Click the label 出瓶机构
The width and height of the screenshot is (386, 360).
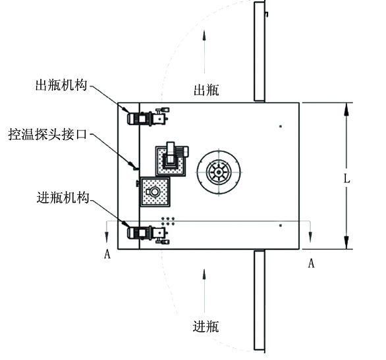(61, 85)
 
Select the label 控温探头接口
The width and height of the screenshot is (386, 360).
(48, 134)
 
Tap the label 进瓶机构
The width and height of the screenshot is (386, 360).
(63, 197)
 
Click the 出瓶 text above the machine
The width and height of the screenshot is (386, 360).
(206, 90)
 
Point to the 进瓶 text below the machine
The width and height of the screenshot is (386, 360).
(206, 327)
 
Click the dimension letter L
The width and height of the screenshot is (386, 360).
(346, 179)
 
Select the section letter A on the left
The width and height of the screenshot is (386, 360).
(107, 254)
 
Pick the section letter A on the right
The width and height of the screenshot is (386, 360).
(311, 263)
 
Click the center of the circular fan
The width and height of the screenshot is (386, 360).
(219, 172)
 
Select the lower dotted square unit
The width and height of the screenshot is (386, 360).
(155, 192)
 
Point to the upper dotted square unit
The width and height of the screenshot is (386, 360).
(171, 161)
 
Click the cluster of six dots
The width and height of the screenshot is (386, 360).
(168, 221)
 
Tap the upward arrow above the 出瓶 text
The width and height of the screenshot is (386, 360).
(204, 51)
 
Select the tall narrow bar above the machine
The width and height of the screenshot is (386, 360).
(260, 51)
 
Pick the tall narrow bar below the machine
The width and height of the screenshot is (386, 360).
(260, 301)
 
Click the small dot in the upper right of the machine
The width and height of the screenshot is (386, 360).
(281, 126)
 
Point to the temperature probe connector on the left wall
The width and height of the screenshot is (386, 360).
(136, 168)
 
